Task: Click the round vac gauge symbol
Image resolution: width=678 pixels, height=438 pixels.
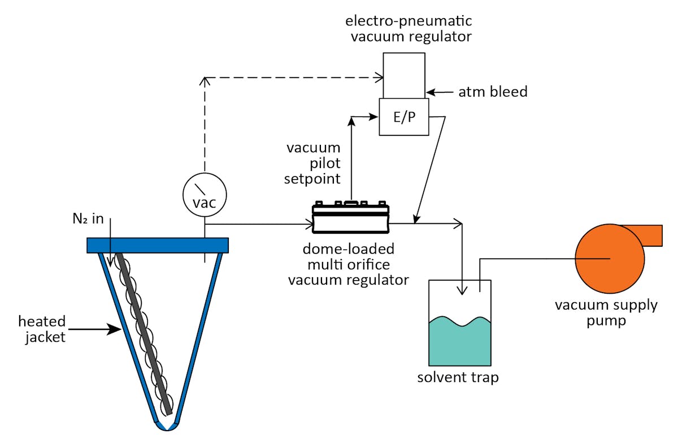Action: coord(205,193)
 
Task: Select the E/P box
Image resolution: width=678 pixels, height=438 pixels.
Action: coord(403,117)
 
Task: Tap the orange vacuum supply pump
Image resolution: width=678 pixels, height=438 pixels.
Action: coord(609,259)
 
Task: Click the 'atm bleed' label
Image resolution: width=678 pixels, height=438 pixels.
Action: coord(493,92)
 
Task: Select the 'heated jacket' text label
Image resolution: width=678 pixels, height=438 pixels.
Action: coord(41,329)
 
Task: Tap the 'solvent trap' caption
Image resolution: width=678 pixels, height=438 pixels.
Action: coord(458,377)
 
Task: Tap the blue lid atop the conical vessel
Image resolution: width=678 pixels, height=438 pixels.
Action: coord(158,245)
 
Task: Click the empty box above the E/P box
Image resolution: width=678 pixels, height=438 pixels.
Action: coord(403,75)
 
